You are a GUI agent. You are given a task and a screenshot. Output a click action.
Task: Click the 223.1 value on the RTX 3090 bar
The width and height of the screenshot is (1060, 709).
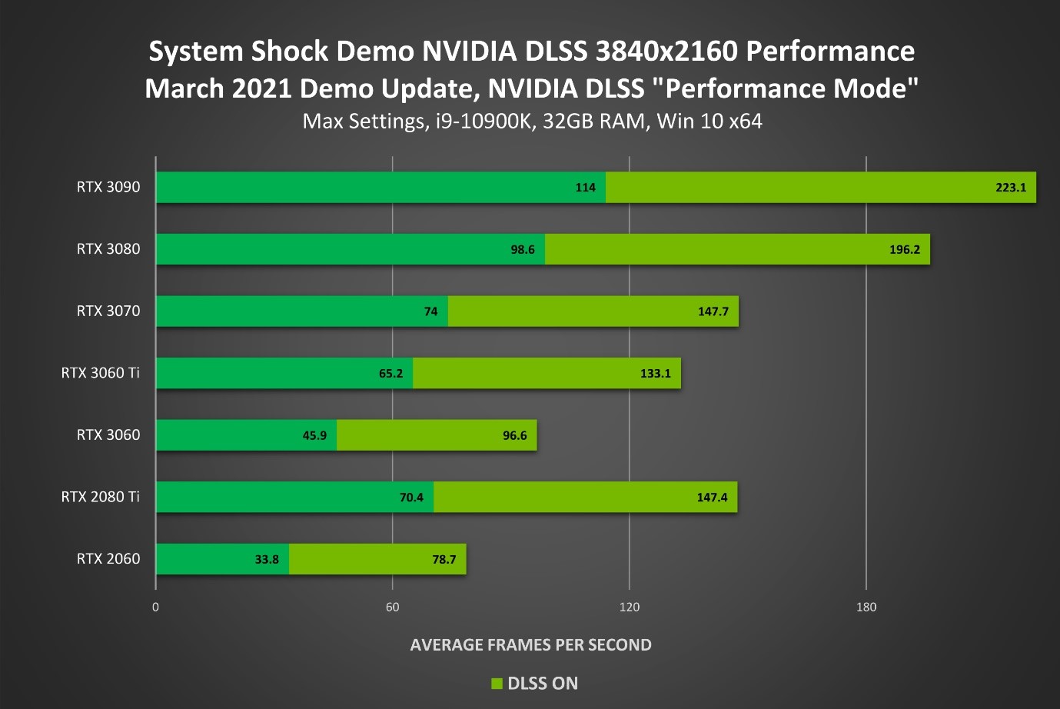1011,188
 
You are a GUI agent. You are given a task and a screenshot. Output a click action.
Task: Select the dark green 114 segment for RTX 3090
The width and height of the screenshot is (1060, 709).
380,188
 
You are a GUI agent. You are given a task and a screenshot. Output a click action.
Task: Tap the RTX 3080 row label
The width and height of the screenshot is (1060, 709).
108,249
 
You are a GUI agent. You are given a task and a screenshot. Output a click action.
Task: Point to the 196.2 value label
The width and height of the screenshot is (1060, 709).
904,250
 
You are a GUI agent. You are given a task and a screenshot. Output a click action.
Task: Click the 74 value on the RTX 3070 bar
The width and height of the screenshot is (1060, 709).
430,311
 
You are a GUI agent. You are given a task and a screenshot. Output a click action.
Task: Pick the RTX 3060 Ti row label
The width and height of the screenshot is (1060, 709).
101,373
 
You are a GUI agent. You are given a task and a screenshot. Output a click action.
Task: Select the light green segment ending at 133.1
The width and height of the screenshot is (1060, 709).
547,374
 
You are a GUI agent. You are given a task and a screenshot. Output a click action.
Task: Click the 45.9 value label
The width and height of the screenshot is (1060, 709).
314,436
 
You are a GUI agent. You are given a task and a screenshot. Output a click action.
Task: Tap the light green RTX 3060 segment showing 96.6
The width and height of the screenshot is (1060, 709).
437,436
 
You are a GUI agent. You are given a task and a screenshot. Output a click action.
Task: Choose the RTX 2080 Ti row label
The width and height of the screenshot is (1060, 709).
101,497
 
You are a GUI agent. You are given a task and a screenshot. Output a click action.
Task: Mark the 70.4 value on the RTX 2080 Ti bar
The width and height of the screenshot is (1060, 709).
411,498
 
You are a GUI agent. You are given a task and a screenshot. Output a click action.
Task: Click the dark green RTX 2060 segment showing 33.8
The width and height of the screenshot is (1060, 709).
222,559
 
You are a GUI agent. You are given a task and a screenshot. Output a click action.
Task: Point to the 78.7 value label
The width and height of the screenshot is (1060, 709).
444,560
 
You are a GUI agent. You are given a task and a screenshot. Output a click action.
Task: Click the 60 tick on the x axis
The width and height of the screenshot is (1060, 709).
393,607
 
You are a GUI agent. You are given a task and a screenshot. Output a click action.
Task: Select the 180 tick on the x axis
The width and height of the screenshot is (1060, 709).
866,607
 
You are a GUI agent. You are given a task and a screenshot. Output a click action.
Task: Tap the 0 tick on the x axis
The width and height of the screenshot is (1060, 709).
156,607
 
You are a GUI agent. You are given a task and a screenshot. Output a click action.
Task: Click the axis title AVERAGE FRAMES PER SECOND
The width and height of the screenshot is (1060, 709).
530,645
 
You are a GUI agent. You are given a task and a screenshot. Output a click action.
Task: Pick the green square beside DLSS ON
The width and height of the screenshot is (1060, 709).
497,684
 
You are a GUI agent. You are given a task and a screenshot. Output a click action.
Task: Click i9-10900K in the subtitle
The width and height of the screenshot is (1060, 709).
483,121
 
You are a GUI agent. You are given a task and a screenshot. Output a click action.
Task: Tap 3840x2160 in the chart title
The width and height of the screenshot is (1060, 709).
666,52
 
